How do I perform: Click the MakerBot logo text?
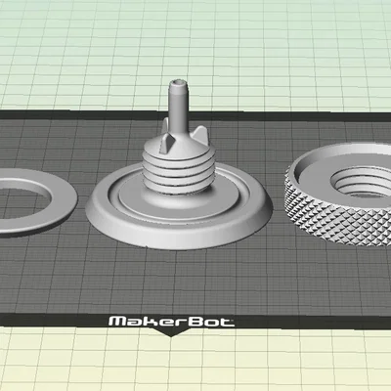coord(171,322)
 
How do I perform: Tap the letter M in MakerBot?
coord(116,322)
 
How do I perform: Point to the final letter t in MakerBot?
coord(228,322)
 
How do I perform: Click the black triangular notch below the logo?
coord(170,331)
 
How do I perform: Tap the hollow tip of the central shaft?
coord(178,83)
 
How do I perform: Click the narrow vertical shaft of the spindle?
coord(178,105)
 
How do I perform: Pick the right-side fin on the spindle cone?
coord(199,133)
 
